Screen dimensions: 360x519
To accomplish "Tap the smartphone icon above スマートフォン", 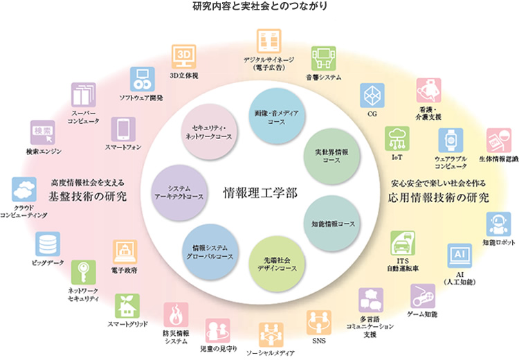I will tap(123, 129).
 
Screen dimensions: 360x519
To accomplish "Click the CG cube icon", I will tap(372, 95).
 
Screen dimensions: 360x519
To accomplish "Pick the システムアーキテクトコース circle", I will tap(179, 193).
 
